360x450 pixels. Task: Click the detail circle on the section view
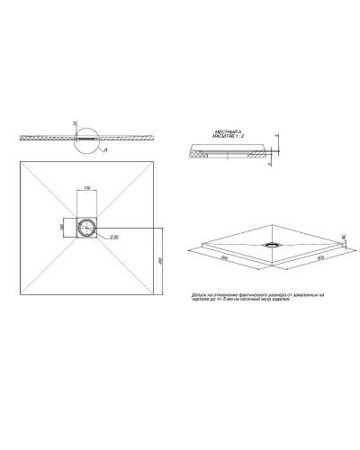[79, 139]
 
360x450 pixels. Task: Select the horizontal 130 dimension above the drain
[87, 188]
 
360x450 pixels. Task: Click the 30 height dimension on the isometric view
[345, 235]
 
